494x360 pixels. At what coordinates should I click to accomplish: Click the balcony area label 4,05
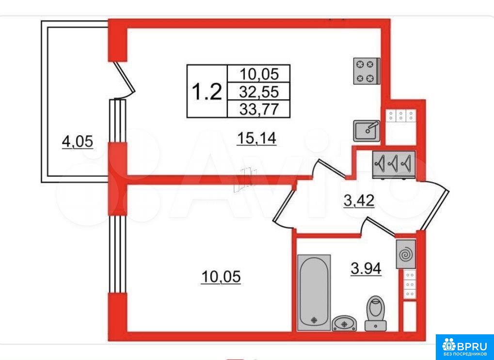point(78,142)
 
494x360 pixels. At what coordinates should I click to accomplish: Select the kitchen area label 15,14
point(256,139)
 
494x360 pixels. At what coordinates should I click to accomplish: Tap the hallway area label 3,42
point(359,201)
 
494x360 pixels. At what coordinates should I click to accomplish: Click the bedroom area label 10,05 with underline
point(221,277)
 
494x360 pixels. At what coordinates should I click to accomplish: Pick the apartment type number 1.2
point(207,91)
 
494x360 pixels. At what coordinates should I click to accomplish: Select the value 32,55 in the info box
point(259,92)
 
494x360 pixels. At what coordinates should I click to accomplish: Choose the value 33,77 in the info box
point(259,110)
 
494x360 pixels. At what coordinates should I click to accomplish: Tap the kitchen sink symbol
point(367,131)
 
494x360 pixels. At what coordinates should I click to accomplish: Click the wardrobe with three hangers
point(394,164)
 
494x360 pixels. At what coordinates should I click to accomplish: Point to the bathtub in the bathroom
point(314,292)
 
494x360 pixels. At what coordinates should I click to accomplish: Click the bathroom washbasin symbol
point(344,323)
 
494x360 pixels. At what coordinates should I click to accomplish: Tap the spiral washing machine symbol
point(406,254)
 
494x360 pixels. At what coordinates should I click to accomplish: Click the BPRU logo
point(465,347)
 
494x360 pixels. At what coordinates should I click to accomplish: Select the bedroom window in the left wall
point(118,254)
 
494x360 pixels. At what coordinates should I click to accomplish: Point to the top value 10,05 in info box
point(259,74)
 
